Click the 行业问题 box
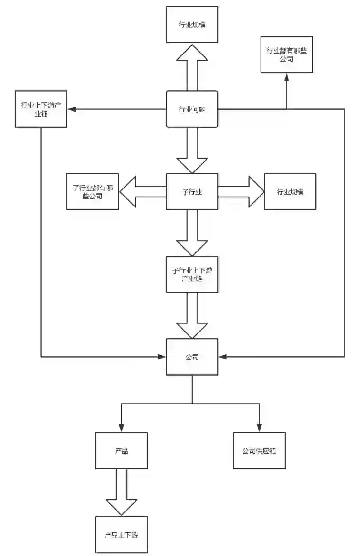[x=192, y=109]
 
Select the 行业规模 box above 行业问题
[x=192, y=25]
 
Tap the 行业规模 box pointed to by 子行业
[x=290, y=191]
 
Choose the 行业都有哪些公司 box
[x=287, y=54]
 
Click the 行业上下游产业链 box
[x=41, y=109]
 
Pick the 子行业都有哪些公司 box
[x=92, y=191]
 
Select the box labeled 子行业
[x=192, y=191]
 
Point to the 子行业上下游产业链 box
[x=192, y=274]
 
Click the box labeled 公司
[x=192, y=357]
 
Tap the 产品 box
[x=121, y=450]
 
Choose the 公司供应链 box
[x=259, y=450]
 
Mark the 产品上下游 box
[x=121, y=535]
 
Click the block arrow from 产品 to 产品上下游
[x=121, y=493]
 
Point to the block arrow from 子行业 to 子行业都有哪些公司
[x=142, y=191]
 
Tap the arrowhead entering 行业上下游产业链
[x=71, y=109]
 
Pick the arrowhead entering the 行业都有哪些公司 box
[x=287, y=76]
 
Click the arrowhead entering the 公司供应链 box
[x=259, y=428]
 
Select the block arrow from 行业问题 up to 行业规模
[x=192, y=66]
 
